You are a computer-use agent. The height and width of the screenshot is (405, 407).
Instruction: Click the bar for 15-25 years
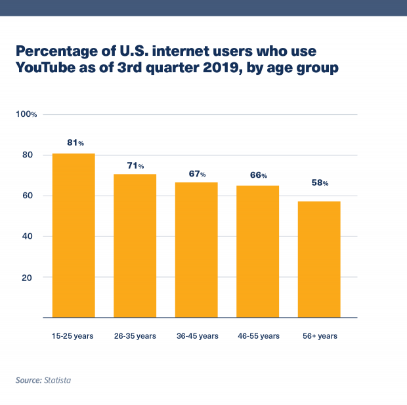point(74,236)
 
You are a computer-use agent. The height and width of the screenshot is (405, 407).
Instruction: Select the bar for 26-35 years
point(135,246)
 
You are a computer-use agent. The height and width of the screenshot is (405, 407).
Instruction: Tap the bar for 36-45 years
point(196,250)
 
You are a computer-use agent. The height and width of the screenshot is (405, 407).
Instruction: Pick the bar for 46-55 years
point(258,252)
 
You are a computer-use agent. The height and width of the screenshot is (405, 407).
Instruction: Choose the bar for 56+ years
point(319,259)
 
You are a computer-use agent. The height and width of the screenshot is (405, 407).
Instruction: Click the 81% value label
point(75,142)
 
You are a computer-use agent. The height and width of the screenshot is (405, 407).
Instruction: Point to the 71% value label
point(135,166)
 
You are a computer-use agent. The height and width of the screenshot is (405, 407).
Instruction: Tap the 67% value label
point(198,174)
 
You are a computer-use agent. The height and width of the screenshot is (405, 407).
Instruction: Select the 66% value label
point(259,175)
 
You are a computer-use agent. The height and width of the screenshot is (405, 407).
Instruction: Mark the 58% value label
point(320,183)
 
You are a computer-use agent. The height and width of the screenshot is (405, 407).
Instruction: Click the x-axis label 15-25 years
point(73,336)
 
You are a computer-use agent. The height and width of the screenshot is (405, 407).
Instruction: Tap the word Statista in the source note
point(57,380)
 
